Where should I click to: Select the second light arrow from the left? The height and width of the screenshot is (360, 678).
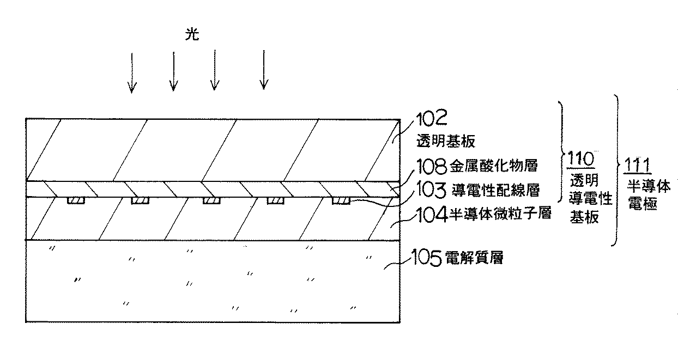click(x=173, y=71)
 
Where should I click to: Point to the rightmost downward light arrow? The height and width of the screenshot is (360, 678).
click(x=264, y=70)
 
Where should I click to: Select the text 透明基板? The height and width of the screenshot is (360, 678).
click(x=445, y=142)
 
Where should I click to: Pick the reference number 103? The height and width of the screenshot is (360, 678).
click(x=431, y=190)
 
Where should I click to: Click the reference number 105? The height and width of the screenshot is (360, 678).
click(x=432, y=258)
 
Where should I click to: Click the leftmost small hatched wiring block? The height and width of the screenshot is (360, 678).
click(x=76, y=200)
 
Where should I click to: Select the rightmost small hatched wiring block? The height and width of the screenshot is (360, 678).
click(x=342, y=200)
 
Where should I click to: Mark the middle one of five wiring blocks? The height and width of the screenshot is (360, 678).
click(x=211, y=200)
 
